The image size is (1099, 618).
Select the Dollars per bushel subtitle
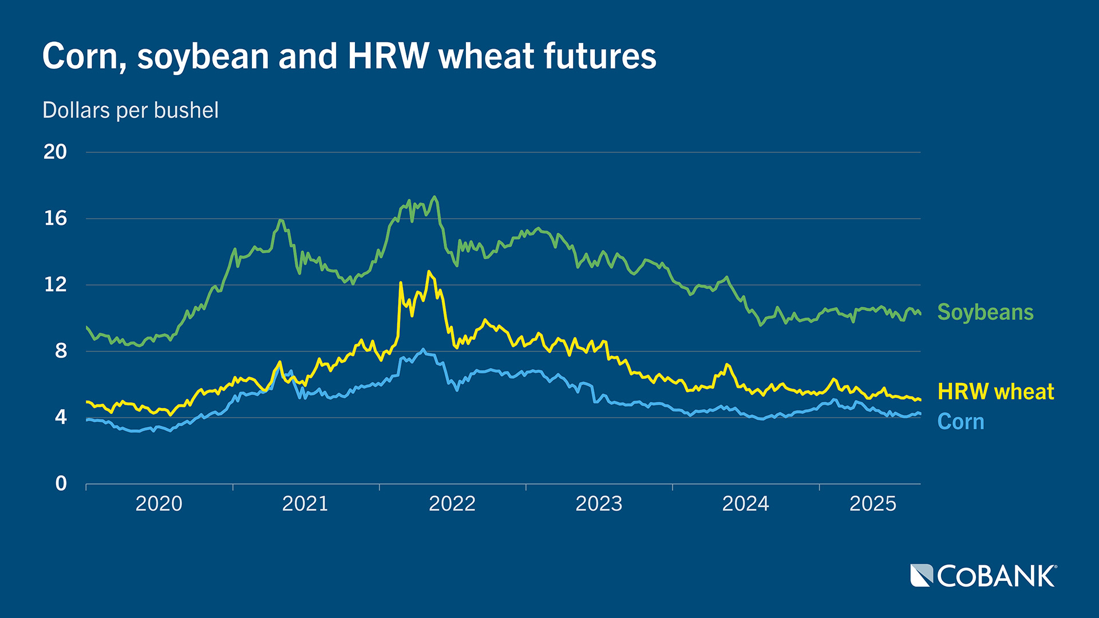point(131,110)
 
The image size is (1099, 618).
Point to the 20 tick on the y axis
point(55,152)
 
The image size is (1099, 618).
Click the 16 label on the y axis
point(55,218)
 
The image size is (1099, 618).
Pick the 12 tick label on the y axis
point(55,284)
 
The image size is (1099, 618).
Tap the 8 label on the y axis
point(61,351)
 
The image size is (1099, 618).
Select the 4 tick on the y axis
point(61,417)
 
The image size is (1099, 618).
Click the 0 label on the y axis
point(61,484)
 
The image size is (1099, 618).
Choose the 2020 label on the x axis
point(159,504)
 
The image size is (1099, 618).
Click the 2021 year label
point(305,504)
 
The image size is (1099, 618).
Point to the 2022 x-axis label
point(452,504)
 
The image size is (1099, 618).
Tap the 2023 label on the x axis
point(599,504)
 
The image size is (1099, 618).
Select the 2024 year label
point(745,504)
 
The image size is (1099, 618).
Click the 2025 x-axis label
point(872,504)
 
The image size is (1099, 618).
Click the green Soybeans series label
point(985,312)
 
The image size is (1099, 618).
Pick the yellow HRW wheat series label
point(995,391)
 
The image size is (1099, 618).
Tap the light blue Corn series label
point(960,422)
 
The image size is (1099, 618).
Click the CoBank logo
point(983,576)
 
